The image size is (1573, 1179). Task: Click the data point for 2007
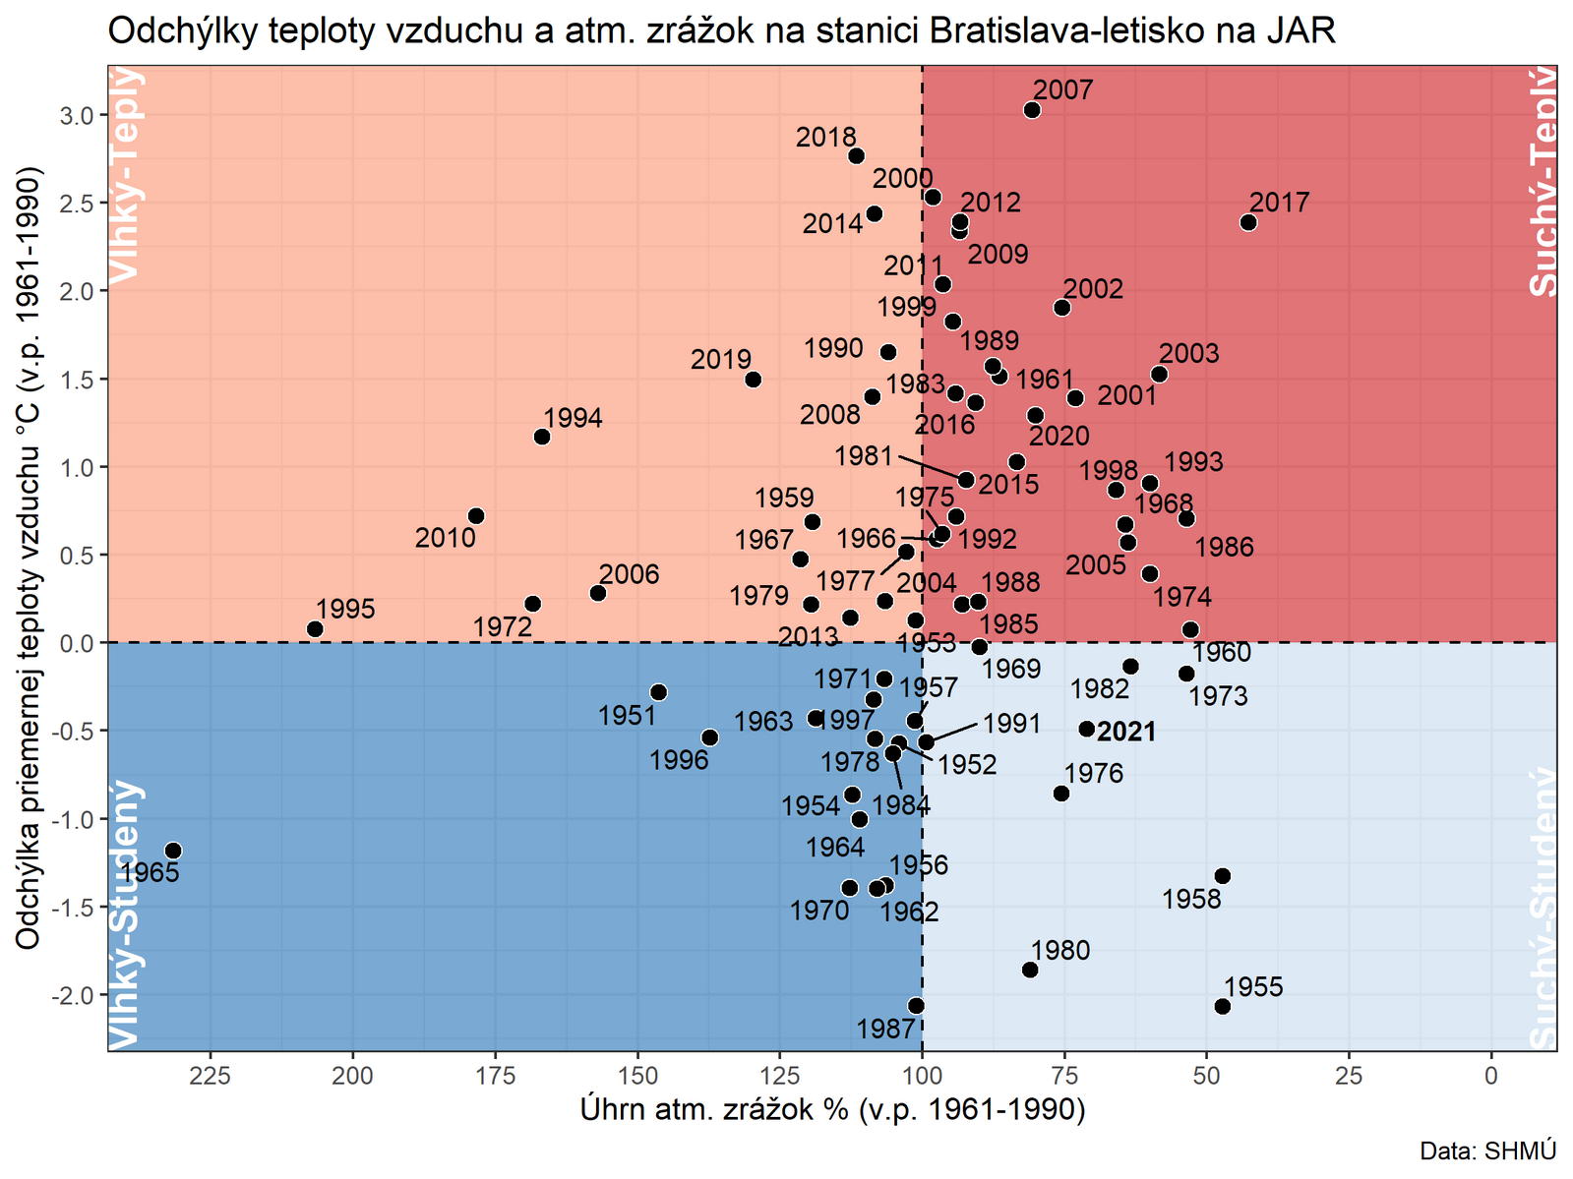coord(1032,110)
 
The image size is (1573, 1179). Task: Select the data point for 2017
coord(1248,222)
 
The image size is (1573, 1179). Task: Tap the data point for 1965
coord(173,851)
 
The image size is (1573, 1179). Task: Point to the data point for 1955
coord(1223,1006)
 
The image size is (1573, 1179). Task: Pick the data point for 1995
coord(315,629)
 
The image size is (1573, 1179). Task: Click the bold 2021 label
coord(1126,732)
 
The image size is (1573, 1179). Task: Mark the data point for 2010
coord(476,516)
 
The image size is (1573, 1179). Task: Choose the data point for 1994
coord(542,437)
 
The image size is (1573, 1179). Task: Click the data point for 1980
coord(1030,970)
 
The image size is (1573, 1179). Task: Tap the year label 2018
coord(825,138)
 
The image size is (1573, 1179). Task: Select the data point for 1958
coord(1223,876)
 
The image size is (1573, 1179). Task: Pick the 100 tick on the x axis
coord(922,1076)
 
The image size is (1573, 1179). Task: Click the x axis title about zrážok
coord(832,1109)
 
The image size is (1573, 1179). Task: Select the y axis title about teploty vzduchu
coord(30,558)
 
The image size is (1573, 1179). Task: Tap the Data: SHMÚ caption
coord(1487,1150)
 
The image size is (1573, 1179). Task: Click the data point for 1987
coord(916,1006)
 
